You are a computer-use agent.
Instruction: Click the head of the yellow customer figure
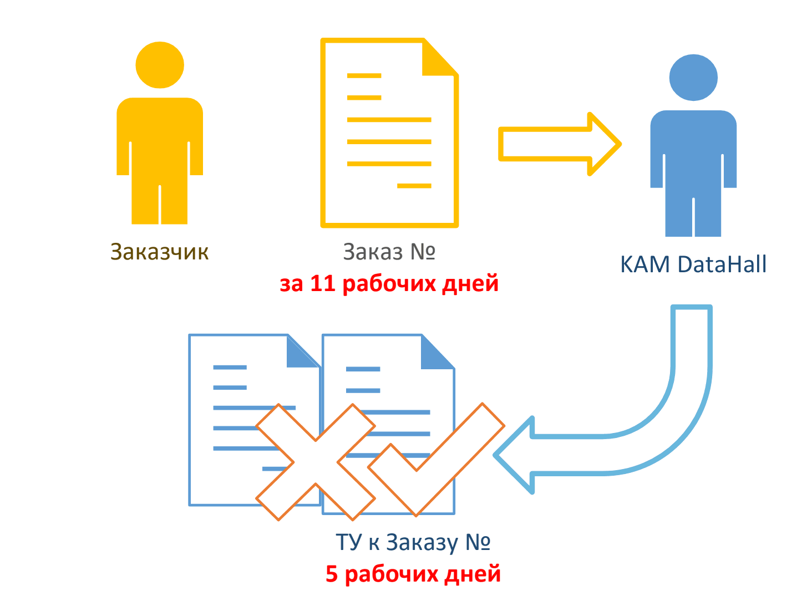(x=160, y=65)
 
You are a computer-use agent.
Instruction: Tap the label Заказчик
(x=160, y=252)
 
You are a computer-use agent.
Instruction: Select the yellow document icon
(x=389, y=133)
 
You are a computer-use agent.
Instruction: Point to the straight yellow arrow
(x=558, y=144)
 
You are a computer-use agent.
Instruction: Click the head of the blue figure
(x=693, y=78)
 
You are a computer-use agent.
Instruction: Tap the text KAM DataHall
(x=693, y=264)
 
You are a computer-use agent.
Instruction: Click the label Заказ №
(x=389, y=252)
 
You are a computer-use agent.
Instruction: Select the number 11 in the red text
(x=322, y=283)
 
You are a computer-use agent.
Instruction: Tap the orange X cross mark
(x=315, y=462)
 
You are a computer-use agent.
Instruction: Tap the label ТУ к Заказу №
(x=413, y=542)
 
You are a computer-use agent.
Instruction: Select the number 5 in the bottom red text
(x=332, y=574)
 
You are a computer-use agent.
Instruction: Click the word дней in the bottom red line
(x=473, y=574)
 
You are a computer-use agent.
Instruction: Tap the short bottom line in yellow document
(x=414, y=186)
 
